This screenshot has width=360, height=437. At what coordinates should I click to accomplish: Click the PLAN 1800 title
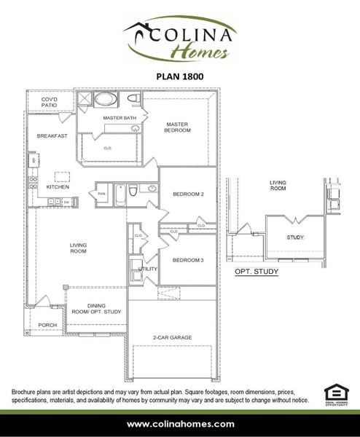point(179,74)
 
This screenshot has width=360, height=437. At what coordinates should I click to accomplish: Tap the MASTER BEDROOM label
point(178,127)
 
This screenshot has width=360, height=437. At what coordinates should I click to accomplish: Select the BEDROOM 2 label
point(187,194)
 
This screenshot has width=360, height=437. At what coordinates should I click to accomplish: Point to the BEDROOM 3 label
point(187,260)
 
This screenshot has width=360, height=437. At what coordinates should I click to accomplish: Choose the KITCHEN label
point(58,186)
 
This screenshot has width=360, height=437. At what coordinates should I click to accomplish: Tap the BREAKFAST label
point(52,135)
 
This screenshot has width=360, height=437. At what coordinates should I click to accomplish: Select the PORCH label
point(47,325)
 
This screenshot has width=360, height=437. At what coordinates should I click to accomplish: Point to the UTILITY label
point(148,269)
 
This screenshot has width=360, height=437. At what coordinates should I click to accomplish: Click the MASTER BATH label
point(119,117)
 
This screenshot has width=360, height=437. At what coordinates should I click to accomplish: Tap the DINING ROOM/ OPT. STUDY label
point(95,309)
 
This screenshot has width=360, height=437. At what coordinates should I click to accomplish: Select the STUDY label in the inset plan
point(295,237)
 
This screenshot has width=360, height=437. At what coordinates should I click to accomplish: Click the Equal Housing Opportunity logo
point(333,393)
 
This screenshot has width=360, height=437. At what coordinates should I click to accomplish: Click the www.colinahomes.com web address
point(180,424)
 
